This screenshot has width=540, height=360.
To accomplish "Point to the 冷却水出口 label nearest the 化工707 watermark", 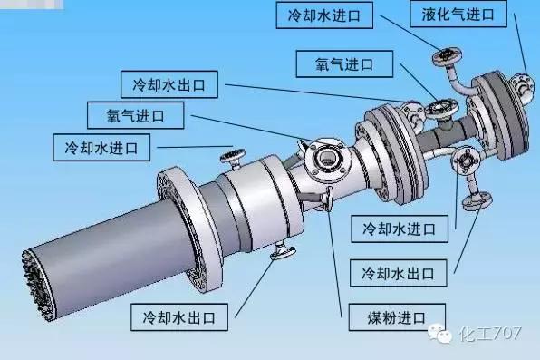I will coord(398,272).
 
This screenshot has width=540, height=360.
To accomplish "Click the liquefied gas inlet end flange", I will coord(523,89).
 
